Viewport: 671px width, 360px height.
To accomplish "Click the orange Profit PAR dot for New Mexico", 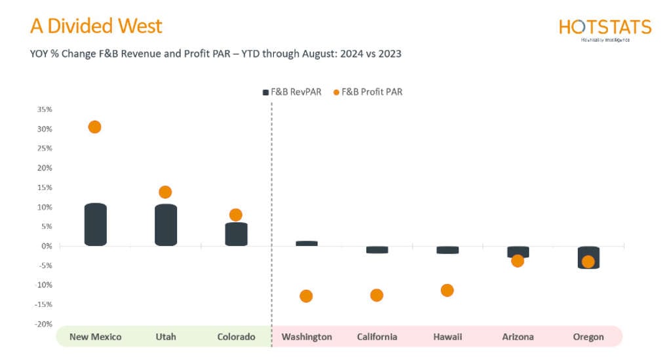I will (x=94, y=127).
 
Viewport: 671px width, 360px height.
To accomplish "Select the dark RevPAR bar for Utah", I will (x=165, y=225).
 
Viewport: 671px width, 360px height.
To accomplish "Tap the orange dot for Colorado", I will (x=236, y=215).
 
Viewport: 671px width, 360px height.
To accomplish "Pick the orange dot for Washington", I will (x=306, y=296).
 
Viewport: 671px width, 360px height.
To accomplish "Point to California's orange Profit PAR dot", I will (x=377, y=295).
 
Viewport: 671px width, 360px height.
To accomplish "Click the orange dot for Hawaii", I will (x=448, y=290).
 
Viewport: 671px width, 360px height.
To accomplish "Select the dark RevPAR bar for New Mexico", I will (x=95, y=224).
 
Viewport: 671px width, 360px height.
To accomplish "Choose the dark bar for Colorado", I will (x=236, y=234).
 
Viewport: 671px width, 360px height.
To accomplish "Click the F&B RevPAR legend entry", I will (x=292, y=92).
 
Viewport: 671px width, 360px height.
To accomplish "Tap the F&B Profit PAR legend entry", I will (x=368, y=92).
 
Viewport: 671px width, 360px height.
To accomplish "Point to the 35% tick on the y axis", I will (x=45, y=110).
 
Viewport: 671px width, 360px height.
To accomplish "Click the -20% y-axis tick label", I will (x=44, y=324).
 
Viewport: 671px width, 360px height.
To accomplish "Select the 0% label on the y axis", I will (x=47, y=246).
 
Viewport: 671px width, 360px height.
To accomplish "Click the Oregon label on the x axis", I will (x=588, y=337).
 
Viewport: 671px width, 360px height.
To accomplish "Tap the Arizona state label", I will (x=518, y=337).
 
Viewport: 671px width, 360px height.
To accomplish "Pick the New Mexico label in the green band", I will (x=95, y=337).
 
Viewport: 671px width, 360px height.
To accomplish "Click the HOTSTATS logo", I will (x=605, y=28).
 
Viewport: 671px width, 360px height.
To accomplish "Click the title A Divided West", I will (x=96, y=26).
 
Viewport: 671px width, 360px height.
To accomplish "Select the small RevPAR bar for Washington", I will (x=306, y=243).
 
